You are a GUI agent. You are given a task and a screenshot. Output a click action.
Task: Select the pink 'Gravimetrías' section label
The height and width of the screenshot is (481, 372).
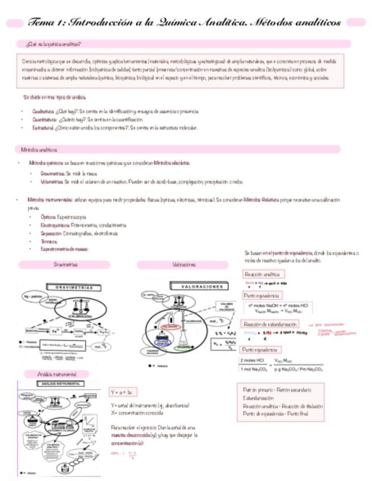click(x=65, y=264)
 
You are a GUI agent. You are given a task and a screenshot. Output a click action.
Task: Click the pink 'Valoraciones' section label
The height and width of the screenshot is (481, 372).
click(x=183, y=264)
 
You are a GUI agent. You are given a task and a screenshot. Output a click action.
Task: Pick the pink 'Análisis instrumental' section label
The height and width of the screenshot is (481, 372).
click(x=56, y=374)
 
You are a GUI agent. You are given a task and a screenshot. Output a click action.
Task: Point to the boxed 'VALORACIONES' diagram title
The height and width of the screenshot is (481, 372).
click(x=202, y=288)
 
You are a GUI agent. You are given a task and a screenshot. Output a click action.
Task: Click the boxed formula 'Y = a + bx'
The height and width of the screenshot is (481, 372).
click(x=123, y=392)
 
